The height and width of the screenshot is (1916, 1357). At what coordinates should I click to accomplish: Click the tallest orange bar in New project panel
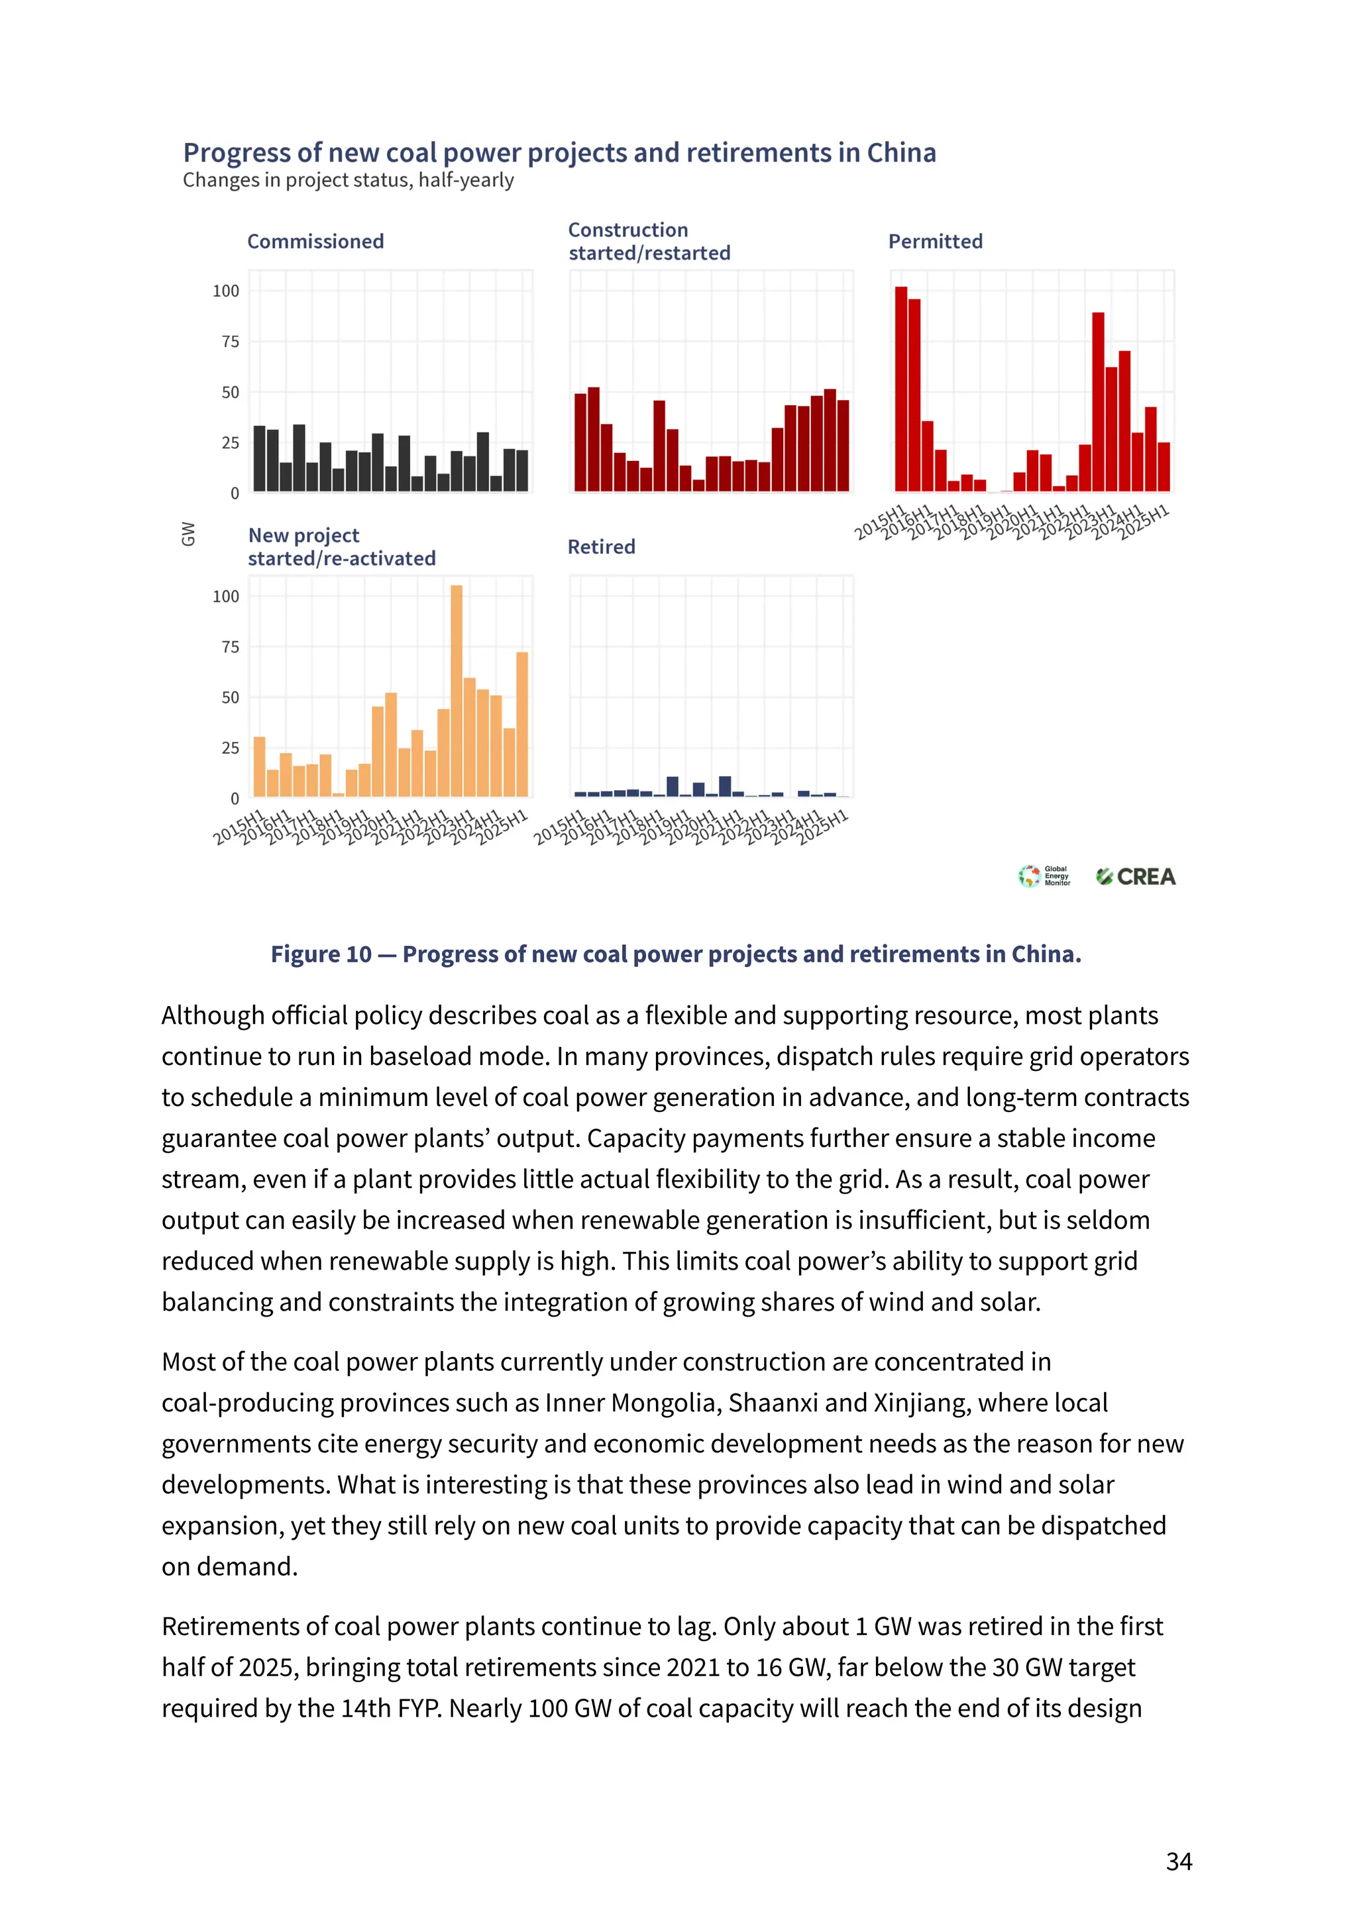457,691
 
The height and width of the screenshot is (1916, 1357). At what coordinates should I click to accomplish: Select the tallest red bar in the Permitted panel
900,389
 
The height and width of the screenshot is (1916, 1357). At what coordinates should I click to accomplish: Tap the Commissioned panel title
316,241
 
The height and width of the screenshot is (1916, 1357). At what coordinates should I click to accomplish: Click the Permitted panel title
935,241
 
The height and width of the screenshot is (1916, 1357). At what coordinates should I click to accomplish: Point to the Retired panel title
601,547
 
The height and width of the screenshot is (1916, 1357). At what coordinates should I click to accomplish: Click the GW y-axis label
188,534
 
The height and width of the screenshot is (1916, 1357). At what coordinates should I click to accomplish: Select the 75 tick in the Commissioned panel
230,342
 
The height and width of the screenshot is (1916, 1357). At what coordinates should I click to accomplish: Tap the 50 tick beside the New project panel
230,697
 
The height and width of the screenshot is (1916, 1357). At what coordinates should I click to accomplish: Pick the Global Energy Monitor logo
1044,876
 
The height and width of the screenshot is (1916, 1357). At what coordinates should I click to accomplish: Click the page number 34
1178,1862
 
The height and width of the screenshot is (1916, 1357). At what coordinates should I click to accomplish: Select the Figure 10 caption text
676,954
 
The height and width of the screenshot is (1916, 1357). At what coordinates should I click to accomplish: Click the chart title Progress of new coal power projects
559,153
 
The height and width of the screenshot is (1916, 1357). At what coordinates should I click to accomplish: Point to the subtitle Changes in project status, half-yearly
349,180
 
